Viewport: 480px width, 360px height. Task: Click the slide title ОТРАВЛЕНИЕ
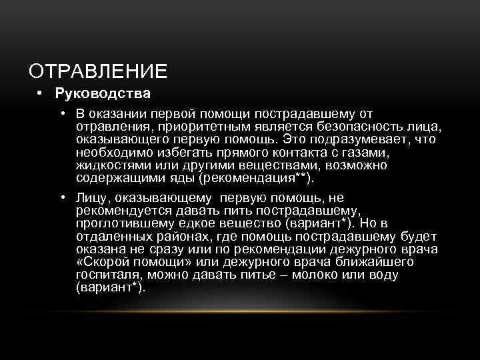tap(98, 70)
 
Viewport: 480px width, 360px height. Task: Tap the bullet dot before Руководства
tap(41, 92)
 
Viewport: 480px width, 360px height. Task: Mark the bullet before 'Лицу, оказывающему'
tap(61, 198)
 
